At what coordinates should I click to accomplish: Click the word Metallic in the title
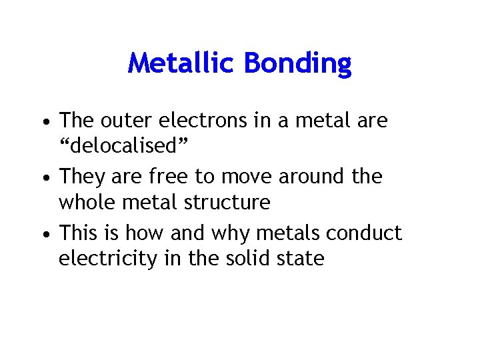[x=182, y=63]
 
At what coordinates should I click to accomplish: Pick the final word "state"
[x=303, y=257]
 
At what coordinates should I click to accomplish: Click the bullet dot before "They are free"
[x=43, y=178]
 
